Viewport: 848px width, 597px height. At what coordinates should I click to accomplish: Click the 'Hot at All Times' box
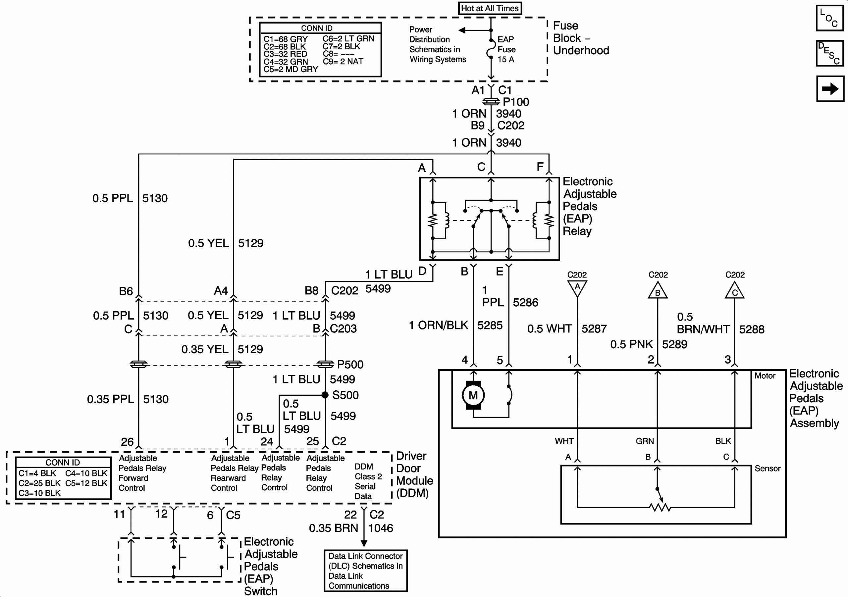pyautogui.click(x=490, y=8)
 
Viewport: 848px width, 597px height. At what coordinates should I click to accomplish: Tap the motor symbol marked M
pyautogui.click(x=473, y=395)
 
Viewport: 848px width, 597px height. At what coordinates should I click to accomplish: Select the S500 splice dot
pyautogui.click(x=325, y=395)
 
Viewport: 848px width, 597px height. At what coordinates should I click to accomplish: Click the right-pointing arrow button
pyautogui.click(x=829, y=89)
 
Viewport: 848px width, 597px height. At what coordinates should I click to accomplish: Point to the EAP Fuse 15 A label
pyautogui.click(x=506, y=49)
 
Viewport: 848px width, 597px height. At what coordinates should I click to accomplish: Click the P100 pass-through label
pyautogui.click(x=516, y=102)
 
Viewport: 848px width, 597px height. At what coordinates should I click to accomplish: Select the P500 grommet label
pyautogui.click(x=350, y=365)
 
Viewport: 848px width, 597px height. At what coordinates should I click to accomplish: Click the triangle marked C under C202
pyautogui.click(x=734, y=291)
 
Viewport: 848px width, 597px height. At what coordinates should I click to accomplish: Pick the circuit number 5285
pyautogui.click(x=490, y=325)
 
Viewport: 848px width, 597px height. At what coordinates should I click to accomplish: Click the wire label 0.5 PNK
pyautogui.click(x=631, y=344)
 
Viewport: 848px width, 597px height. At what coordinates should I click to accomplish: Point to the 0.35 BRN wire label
pyautogui.click(x=333, y=528)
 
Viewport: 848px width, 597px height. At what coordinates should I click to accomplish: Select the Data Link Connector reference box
pyautogui.click(x=365, y=571)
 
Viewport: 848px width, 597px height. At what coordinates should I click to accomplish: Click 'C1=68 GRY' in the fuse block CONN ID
pyautogui.click(x=285, y=39)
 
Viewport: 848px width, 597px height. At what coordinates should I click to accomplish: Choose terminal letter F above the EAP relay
pyautogui.click(x=540, y=167)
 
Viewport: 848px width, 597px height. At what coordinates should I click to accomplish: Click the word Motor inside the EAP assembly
pyautogui.click(x=765, y=376)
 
